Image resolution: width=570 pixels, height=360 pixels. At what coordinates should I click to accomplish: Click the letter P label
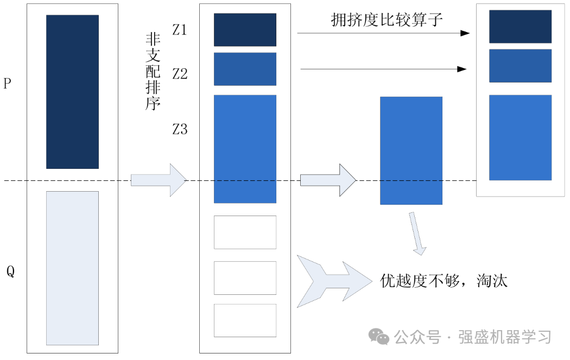[x=8, y=84]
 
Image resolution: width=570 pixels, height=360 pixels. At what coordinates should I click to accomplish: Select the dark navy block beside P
[x=72, y=92]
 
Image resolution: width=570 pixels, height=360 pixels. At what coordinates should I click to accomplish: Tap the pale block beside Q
[x=72, y=268]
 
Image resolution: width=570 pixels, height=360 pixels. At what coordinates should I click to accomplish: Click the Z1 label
[x=180, y=30]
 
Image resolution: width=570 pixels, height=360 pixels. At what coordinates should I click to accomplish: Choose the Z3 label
[x=180, y=129]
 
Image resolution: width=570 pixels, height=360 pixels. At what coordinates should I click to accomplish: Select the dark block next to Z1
[x=245, y=30]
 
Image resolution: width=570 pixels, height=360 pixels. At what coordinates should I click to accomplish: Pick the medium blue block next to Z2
[x=245, y=69]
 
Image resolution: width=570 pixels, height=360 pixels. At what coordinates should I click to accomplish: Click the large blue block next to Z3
[x=245, y=149]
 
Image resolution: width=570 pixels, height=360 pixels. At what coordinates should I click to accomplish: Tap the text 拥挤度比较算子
[x=387, y=20]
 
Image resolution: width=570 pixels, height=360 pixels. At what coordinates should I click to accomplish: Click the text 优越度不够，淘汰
[x=444, y=280]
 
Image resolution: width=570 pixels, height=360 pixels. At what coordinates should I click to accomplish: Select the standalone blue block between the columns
[x=411, y=150]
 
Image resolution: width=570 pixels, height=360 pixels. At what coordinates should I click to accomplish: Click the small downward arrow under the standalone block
[x=417, y=234]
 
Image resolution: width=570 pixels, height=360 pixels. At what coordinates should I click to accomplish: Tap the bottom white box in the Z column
[x=245, y=320]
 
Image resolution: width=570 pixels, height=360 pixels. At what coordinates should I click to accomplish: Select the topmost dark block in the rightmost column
[x=520, y=27]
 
